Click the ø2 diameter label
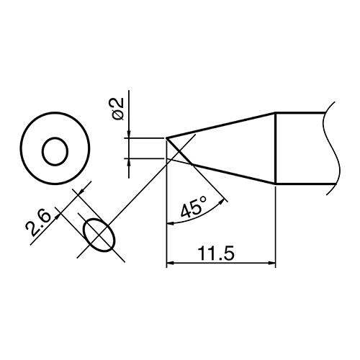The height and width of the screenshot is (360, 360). click(x=117, y=109)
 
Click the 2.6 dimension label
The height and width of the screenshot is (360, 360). click(x=38, y=223)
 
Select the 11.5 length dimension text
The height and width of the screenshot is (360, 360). click(x=215, y=254)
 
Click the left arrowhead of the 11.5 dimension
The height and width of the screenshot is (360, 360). click(x=169, y=264)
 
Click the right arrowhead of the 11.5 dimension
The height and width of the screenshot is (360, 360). click(x=272, y=264)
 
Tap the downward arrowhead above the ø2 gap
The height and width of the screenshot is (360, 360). click(x=129, y=135)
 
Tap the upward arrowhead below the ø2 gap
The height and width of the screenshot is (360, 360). click(x=129, y=162)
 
